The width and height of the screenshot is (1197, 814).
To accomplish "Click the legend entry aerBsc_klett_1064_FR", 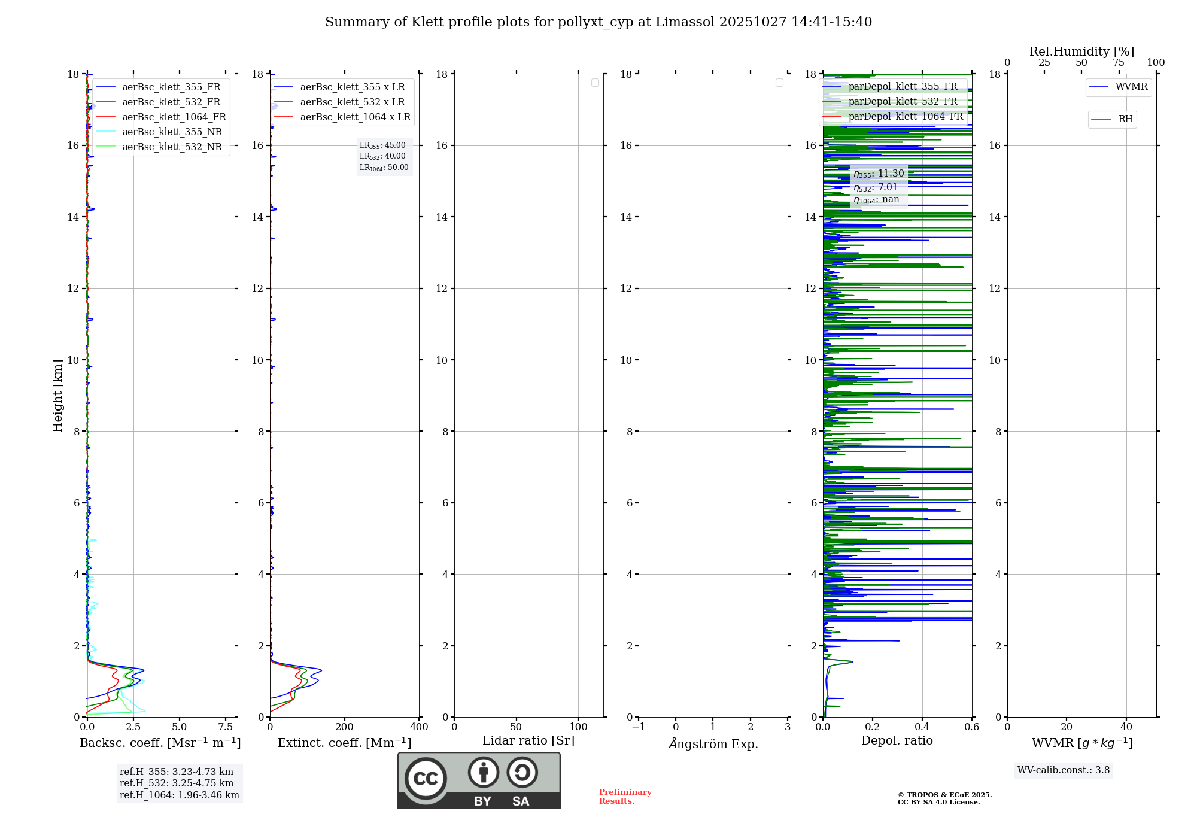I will pos(174,117).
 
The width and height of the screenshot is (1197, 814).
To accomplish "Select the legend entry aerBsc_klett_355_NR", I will pos(172,132).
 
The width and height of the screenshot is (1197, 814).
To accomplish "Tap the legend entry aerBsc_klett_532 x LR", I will pos(352,102).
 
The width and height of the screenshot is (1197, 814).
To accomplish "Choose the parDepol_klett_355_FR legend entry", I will pos(903,87).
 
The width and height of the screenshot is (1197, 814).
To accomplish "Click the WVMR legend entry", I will pos(1131,87).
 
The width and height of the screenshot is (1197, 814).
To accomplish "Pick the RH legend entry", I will pos(1125,119).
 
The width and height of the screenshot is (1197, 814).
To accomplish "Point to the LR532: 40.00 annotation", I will pos(382,156).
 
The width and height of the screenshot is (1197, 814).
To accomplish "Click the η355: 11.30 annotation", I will pos(879,174).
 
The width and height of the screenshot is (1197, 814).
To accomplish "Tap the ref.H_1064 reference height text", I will pos(179,795).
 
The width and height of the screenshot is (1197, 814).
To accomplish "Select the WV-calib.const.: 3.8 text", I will pos(1064,770).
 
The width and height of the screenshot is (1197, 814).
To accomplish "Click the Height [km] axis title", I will pos(57,396).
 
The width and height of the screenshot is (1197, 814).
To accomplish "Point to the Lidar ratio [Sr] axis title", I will pos(528,741).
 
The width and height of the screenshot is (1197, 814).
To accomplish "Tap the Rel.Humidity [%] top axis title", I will pos(1081,51).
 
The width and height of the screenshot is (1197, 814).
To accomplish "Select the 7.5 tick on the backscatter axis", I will pos(226,727).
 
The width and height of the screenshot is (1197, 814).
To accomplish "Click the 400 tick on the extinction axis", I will pos(419,727).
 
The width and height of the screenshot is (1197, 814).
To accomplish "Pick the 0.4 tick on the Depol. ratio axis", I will pos(922,727).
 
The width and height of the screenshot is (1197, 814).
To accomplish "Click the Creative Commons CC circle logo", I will pos(426,779).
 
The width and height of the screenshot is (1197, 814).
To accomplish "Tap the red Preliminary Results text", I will pos(625,797).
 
